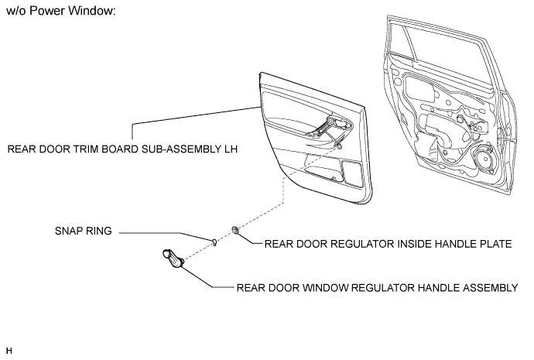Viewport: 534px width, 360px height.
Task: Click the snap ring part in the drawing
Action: [214, 242]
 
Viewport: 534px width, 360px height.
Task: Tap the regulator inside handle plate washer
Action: [235, 230]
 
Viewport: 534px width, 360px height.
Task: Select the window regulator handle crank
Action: [173, 259]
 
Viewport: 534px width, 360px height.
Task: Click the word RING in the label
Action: [100, 231]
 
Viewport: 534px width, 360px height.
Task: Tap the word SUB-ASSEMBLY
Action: [181, 149]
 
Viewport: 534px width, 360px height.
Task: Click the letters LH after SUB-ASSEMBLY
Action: [231, 149]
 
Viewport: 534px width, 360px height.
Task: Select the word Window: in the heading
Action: [92, 11]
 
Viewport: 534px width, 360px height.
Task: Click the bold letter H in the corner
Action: [9, 351]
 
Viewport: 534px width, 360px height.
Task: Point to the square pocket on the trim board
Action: [352, 173]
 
